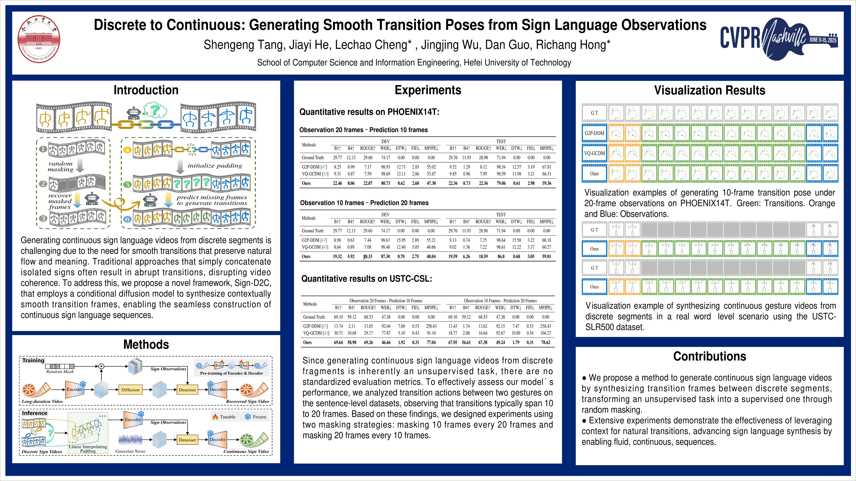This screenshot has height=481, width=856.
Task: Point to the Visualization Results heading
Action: [x=709, y=90]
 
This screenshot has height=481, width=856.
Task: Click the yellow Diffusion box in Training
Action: [x=130, y=390]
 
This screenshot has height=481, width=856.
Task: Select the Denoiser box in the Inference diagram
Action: [x=187, y=440]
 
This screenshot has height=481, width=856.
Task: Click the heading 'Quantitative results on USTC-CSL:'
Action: [x=366, y=279]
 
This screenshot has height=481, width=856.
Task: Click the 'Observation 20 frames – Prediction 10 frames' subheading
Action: [x=363, y=130]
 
